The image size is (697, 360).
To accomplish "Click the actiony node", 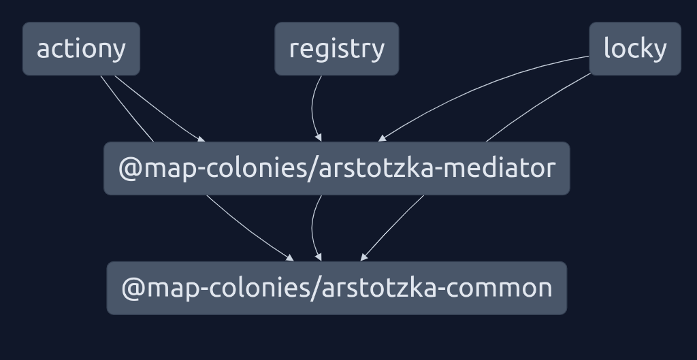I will (x=81, y=49).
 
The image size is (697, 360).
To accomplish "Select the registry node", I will (x=336, y=49).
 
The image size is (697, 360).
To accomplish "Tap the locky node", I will (x=634, y=49).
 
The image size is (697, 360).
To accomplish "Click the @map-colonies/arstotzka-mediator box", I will (x=336, y=168).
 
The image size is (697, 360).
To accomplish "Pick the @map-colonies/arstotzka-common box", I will (x=336, y=288).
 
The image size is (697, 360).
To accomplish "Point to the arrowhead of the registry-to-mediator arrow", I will (x=318, y=138).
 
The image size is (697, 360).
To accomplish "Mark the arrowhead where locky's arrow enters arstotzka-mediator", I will (x=382, y=138).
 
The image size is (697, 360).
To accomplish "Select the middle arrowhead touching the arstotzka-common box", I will (x=318, y=258).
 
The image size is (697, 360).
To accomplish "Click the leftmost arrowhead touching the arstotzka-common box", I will (x=291, y=258).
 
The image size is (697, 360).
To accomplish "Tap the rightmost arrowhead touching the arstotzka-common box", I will (x=364, y=257).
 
